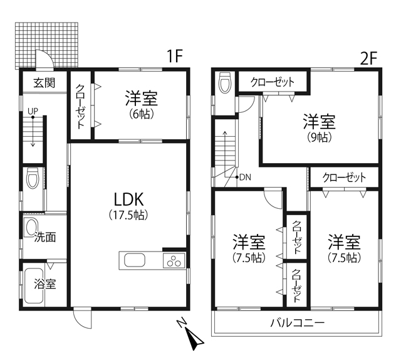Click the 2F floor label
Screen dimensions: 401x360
(368, 58)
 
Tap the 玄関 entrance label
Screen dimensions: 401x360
(44, 83)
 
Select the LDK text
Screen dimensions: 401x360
(128, 199)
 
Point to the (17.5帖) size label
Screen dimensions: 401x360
(128, 215)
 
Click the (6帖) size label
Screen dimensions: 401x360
(141, 114)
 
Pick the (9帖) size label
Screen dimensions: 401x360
(319, 137)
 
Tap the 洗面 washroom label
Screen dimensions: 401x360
(45, 237)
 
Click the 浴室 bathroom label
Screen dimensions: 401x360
(45, 283)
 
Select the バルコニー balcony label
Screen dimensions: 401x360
(298, 323)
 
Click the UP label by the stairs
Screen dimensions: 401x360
(33, 111)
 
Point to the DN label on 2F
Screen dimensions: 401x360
(245, 177)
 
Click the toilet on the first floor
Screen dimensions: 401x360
(33, 177)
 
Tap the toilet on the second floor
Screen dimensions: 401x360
(226, 82)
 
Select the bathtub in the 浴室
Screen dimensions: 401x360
(34, 286)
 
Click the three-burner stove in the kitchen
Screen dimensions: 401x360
(174, 260)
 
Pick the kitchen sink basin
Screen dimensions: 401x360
(135, 260)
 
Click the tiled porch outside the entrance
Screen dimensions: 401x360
(46, 45)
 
